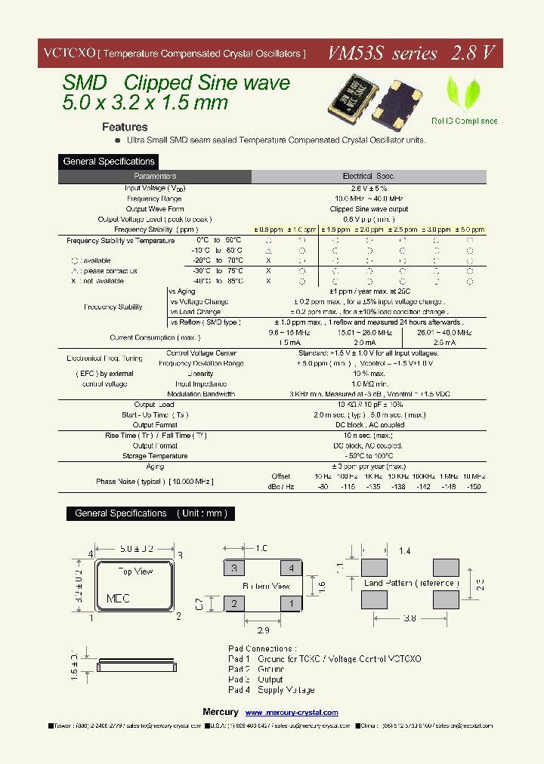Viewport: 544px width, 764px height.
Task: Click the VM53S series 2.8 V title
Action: pyautogui.click(x=411, y=54)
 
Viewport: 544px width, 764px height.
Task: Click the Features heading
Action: pyautogui.click(x=125, y=127)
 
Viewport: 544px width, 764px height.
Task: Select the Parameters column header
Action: pyautogui.click(x=155, y=177)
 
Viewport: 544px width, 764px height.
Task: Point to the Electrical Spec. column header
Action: pyautogui.click(x=369, y=177)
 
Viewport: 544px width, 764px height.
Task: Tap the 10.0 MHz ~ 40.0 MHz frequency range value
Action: pyautogui.click(x=369, y=199)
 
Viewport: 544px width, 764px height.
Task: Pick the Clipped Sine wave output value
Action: pyautogui.click(x=369, y=209)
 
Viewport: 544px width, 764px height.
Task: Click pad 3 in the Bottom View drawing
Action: pyautogui.click(x=234, y=568)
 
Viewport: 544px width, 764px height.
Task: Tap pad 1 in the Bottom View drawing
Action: pyautogui.click(x=290, y=603)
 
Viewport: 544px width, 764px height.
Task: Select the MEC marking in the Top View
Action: pyautogui.click(x=118, y=598)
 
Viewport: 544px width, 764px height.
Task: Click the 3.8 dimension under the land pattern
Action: pyautogui.click(x=410, y=618)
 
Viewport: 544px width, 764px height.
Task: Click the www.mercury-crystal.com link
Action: pyautogui.click(x=292, y=713)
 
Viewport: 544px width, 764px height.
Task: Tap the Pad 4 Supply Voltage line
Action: pyautogui.click(x=271, y=690)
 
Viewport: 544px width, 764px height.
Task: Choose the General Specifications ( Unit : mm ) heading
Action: pyautogui.click(x=151, y=513)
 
